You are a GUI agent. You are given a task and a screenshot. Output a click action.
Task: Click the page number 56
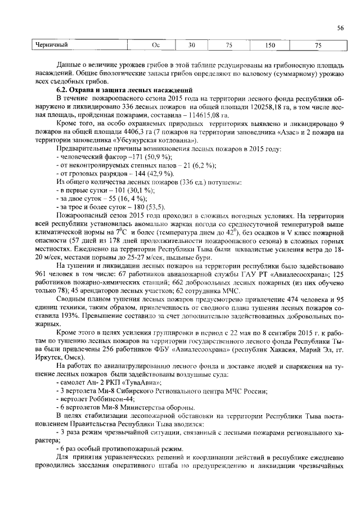[x=340, y=28]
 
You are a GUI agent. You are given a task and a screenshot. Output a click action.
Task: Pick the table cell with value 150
[x=270, y=45]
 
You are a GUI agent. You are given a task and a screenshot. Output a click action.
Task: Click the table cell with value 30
[x=191, y=45]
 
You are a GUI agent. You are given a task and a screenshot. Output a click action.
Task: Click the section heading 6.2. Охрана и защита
[x=124, y=90]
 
